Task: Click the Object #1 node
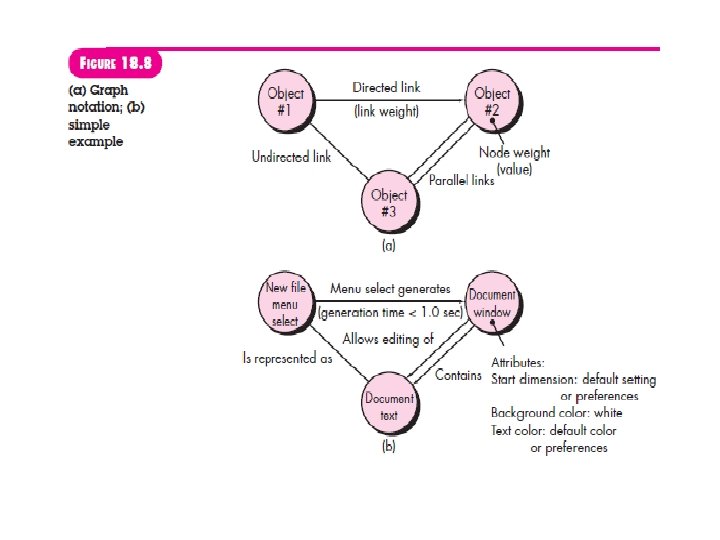point(285,102)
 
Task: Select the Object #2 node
point(491,102)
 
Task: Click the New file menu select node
point(285,304)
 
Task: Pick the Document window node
point(492,304)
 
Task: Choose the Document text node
point(389,404)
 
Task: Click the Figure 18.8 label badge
point(114,64)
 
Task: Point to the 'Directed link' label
point(387,88)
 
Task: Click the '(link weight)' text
point(386,111)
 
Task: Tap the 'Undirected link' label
point(291,156)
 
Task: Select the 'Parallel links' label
point(461,181)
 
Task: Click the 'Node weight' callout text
point(514,153)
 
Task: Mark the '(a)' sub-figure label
point(388,242)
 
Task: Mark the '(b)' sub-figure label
point(388,447)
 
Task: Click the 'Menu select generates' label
point(391,289)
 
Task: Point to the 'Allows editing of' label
point(388,339)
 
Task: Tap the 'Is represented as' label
point(288,357)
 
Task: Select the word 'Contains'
point(459,375)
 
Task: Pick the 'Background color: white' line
point(556,413)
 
